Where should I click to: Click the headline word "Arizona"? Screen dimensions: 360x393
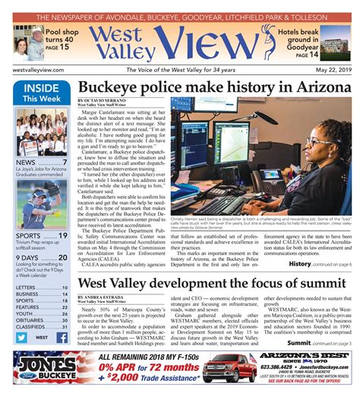coord(315,88)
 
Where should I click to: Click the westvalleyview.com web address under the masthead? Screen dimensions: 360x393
coord(39,68)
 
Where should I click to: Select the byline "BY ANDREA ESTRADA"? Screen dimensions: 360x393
coord(104,296)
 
